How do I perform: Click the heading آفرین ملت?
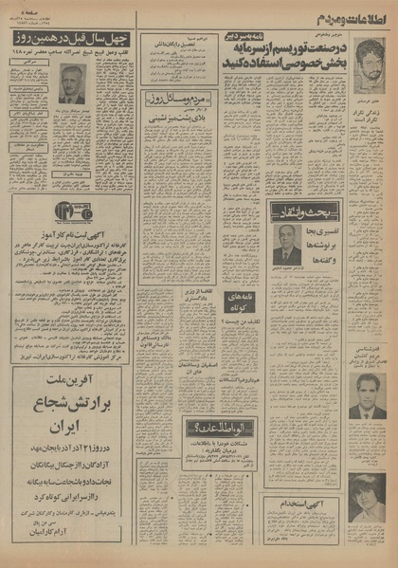(69, 372)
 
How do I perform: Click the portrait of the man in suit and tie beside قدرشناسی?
(366, 396)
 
